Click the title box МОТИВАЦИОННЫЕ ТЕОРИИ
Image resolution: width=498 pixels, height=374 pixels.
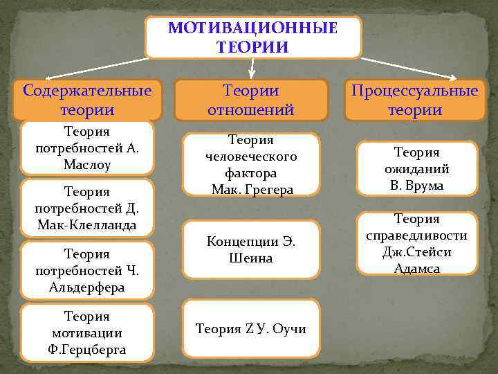(252, 37)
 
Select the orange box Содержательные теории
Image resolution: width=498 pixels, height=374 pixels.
(87, 100)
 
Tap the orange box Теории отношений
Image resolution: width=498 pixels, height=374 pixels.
(251, 100)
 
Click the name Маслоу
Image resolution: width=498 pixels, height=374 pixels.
(87, 166)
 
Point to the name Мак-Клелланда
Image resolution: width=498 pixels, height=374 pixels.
(87, 224)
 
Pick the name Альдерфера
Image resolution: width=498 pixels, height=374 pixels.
(87, 287)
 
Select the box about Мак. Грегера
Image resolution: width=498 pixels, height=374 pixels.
(251, 163)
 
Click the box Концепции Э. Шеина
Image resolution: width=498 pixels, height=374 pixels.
(251, 249)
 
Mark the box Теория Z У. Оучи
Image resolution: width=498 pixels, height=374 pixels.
(251, 328)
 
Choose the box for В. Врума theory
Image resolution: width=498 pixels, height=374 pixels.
(417, 168)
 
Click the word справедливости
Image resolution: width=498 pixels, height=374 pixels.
(417, 235)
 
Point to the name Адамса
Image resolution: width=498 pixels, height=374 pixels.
(417, 268)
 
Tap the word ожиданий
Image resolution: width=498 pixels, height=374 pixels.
(417, 168)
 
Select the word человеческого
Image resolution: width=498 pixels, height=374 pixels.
(251, 157)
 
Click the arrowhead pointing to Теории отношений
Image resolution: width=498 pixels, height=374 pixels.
(252, 73)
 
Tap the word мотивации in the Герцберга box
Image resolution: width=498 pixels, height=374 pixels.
(87, 332)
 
